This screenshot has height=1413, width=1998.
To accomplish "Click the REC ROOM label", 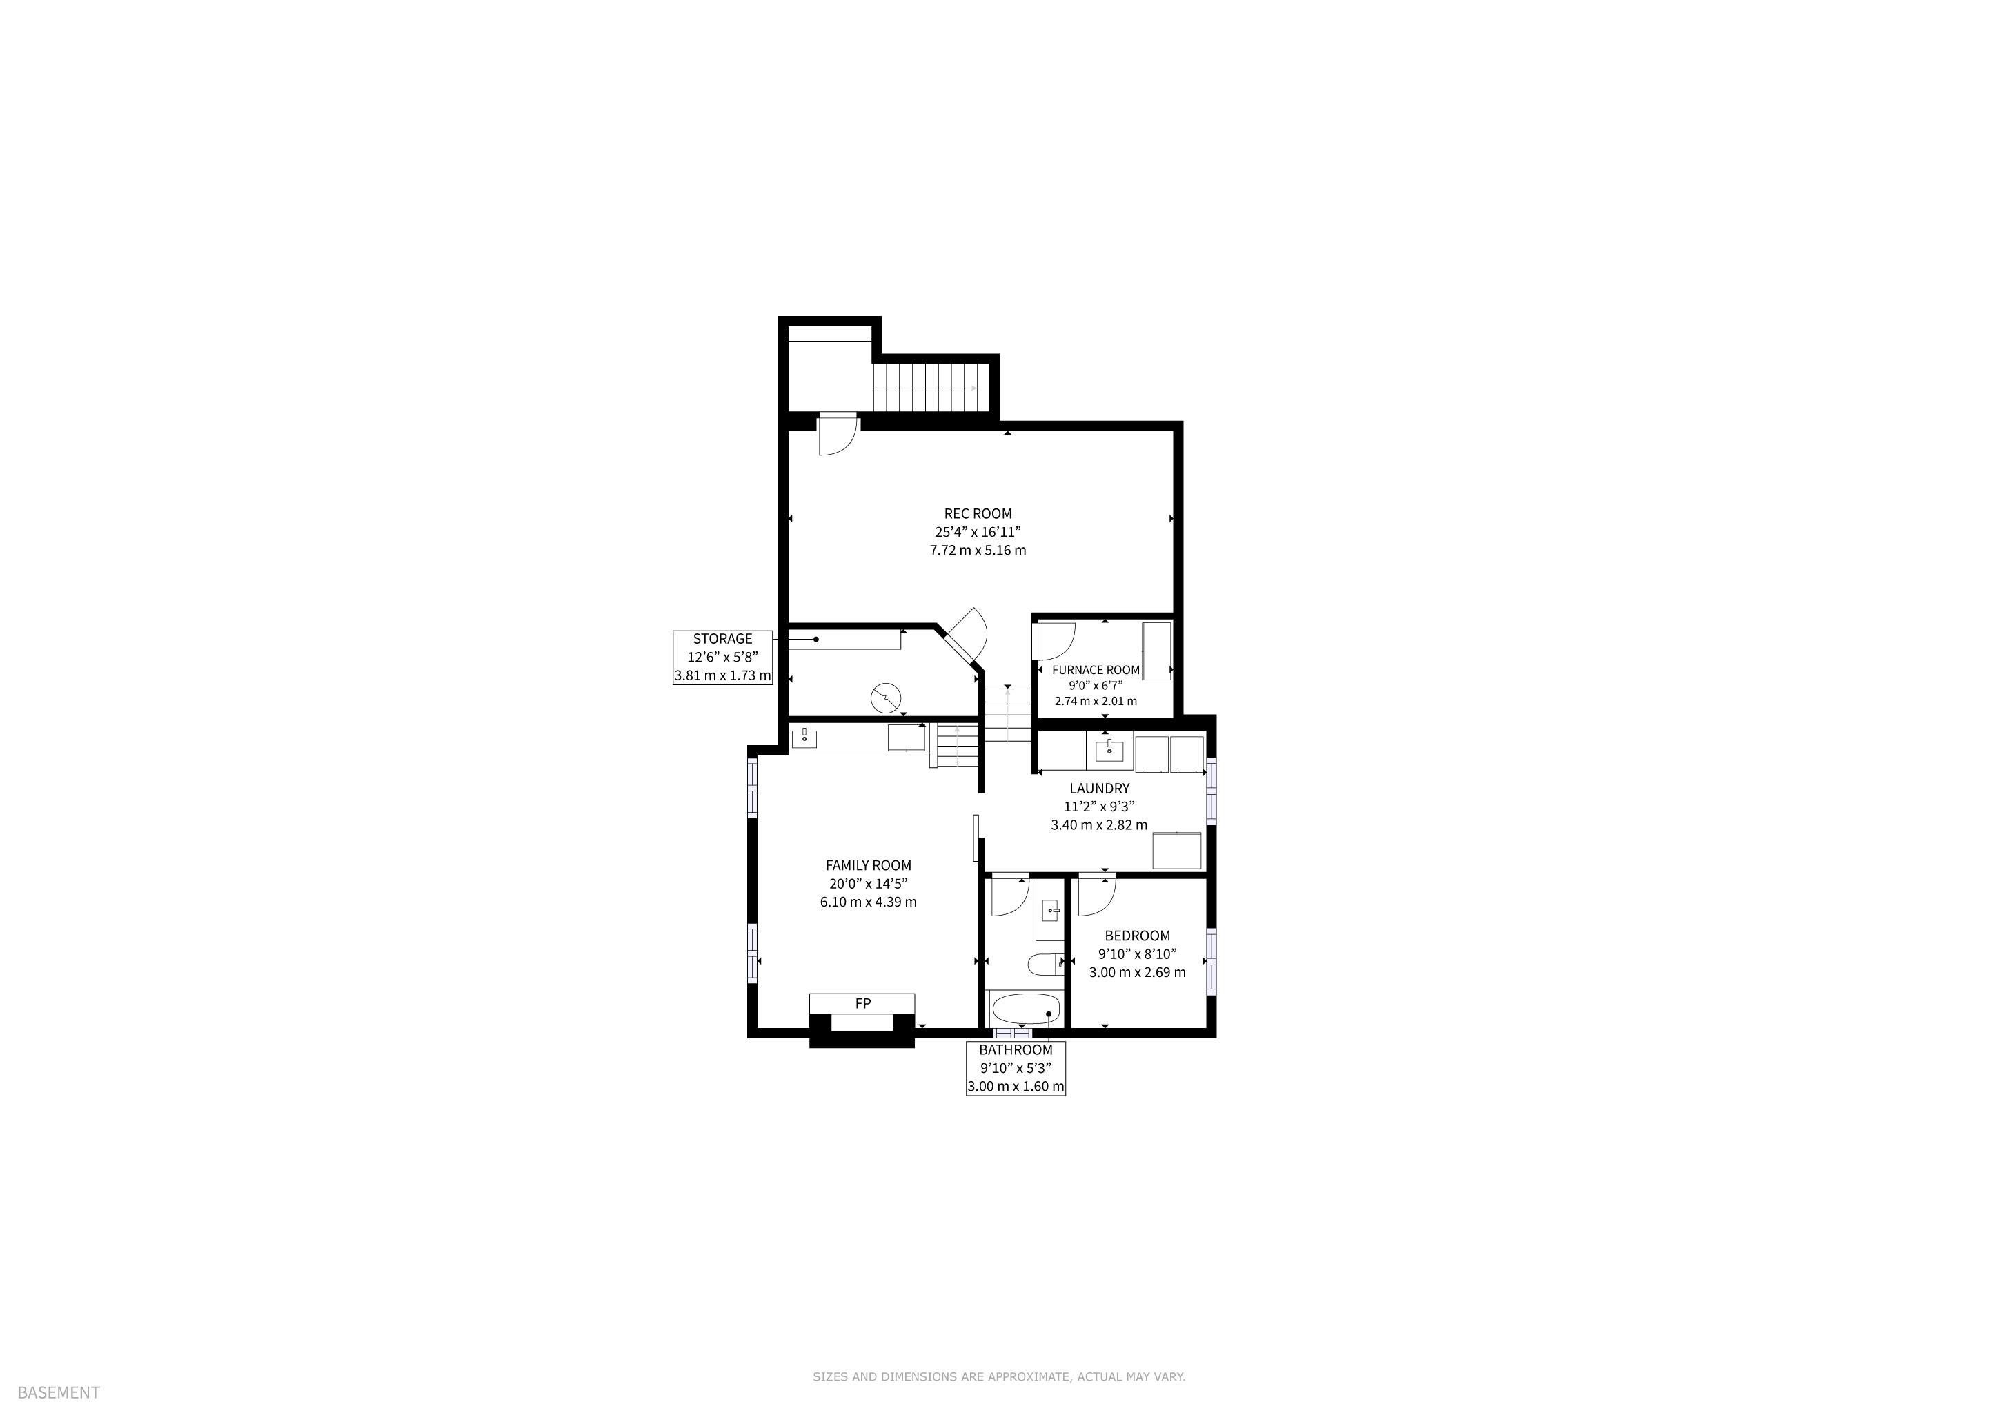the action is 978,514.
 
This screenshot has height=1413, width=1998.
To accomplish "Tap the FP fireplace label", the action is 862,1003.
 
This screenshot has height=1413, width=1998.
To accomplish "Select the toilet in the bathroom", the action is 1042,964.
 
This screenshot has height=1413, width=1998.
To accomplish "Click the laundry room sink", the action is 1109,749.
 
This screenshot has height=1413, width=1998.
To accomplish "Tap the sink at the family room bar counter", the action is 803,739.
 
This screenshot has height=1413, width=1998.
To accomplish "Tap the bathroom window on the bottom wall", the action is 1011,1033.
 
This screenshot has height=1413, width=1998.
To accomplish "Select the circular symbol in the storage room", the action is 885,697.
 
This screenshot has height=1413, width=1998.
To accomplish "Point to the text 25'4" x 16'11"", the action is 978,532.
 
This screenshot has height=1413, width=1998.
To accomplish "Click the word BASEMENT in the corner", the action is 59,1392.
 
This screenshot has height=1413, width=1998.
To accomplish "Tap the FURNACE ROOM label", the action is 1096,670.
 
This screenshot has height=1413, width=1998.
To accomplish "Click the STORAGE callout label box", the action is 723,657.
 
